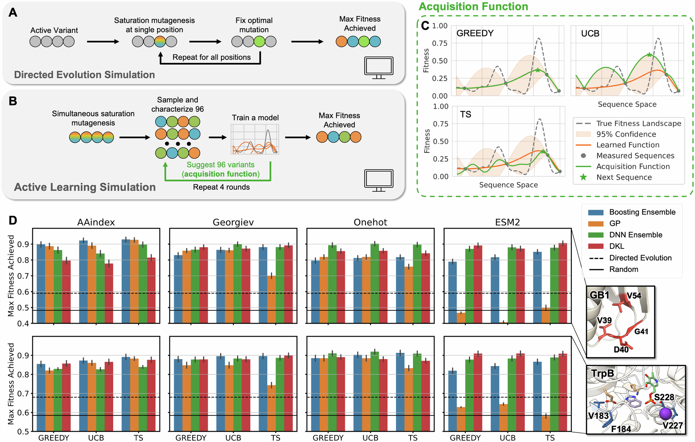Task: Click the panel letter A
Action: pos(13,13)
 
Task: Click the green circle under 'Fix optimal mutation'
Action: pos(259,42)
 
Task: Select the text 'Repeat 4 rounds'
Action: pos(221,187)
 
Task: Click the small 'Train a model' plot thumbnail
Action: pos(255,139)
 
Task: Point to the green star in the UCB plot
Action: pos(649,55)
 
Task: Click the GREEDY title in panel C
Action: pos(475,33)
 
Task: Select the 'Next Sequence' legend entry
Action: pos(624,177)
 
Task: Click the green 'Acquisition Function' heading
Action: pos(473,6)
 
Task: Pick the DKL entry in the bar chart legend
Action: pos(616,246)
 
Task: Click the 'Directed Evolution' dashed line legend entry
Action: pos(640,258)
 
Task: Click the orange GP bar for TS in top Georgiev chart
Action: pos(272,299)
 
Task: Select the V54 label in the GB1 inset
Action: pos(634,296)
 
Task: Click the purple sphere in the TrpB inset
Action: pos(665,414)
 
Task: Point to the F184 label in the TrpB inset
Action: pos(621,429)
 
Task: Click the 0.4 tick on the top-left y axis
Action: pos(24,323)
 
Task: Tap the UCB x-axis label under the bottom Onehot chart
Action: pos(370,438)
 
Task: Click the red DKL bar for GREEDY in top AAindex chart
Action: pos(66,291)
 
